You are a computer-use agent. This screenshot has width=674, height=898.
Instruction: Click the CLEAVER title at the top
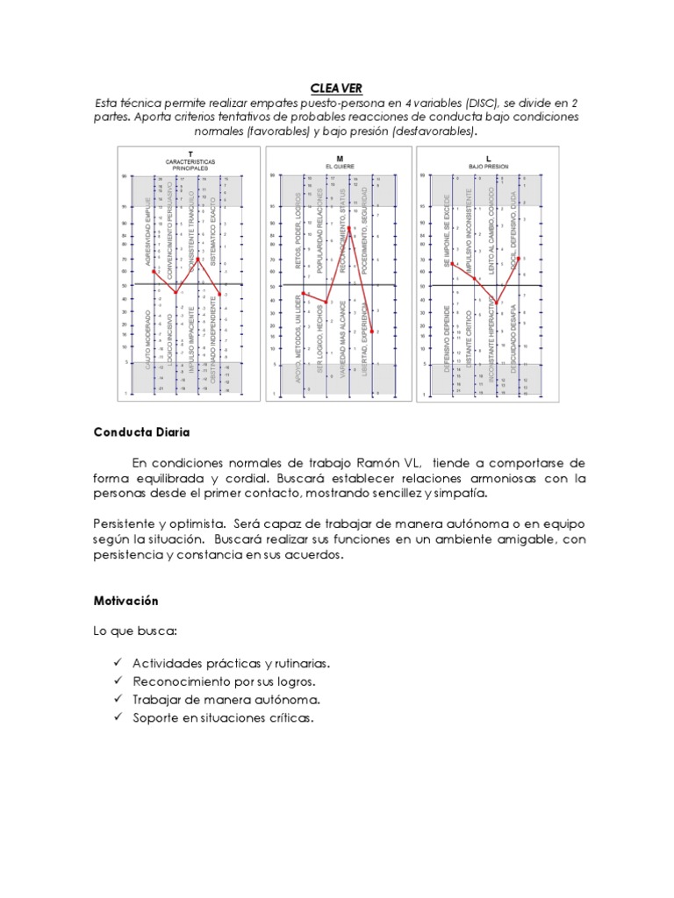tap(336, 88)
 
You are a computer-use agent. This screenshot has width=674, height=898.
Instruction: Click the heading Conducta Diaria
tap(140, 431)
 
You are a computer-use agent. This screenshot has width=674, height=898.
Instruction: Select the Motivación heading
tap(125, 601)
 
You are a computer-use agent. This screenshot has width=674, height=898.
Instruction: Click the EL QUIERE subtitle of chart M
tap(338, 166)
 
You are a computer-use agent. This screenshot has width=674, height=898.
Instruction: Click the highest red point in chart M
tap(349, 228)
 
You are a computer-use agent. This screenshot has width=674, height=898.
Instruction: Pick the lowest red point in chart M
tap(373, 331)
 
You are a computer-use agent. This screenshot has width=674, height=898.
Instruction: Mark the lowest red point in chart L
tap(497, 303)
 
